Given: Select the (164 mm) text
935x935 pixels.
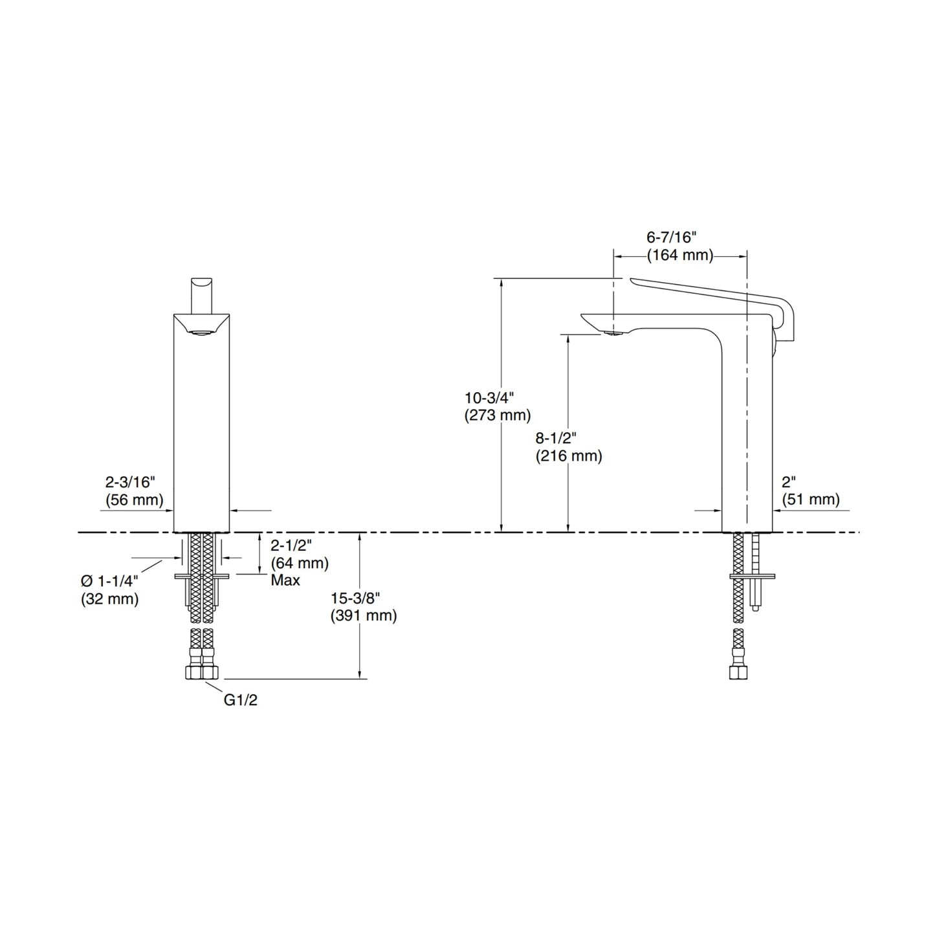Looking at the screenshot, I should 680,255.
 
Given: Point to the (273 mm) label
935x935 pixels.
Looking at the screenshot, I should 497,415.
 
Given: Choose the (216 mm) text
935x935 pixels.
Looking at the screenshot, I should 568,456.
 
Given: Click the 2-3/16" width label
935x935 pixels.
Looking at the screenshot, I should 130,483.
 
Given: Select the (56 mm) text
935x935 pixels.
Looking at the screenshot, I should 134,500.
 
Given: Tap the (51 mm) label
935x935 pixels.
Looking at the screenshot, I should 810,500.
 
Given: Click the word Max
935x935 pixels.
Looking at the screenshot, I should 285,580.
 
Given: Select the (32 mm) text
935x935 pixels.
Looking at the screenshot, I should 109,599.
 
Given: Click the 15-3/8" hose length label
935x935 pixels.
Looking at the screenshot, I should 355,599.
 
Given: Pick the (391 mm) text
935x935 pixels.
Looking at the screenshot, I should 363,615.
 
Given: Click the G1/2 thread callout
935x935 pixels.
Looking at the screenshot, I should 240,700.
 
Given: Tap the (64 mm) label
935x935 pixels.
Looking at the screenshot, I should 299,563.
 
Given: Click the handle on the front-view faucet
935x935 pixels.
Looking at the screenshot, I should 201,294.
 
